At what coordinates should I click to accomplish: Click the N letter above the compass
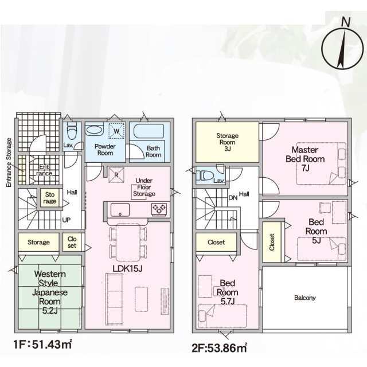tap(346, 22)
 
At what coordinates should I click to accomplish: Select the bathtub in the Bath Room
tap(149, 131)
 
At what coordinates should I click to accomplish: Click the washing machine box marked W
tap(116, 131)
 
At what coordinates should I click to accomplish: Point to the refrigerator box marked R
tap(116, 175)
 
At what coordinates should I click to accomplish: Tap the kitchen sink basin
tap(120, 210)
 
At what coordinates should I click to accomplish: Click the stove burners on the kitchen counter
tap(159, 209)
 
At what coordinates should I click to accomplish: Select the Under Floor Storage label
tap(144, 188)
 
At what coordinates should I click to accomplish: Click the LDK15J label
tap(127, 269)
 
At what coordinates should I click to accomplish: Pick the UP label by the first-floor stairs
tap(67, 220)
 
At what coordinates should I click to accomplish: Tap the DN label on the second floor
tap(233, 198)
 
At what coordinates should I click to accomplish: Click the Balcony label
tap(305, 298)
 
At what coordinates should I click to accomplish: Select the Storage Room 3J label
tap(227, 142)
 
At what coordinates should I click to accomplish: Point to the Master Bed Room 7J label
tap(305, 159)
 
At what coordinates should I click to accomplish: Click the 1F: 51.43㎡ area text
tap(42, 344)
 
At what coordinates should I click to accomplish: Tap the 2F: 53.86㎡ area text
tap(219, 348)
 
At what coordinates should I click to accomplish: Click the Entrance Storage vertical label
tap(9, 163)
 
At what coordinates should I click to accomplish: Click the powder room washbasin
tap(94, 130)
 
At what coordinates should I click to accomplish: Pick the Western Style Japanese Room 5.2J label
tap(50, 292)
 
